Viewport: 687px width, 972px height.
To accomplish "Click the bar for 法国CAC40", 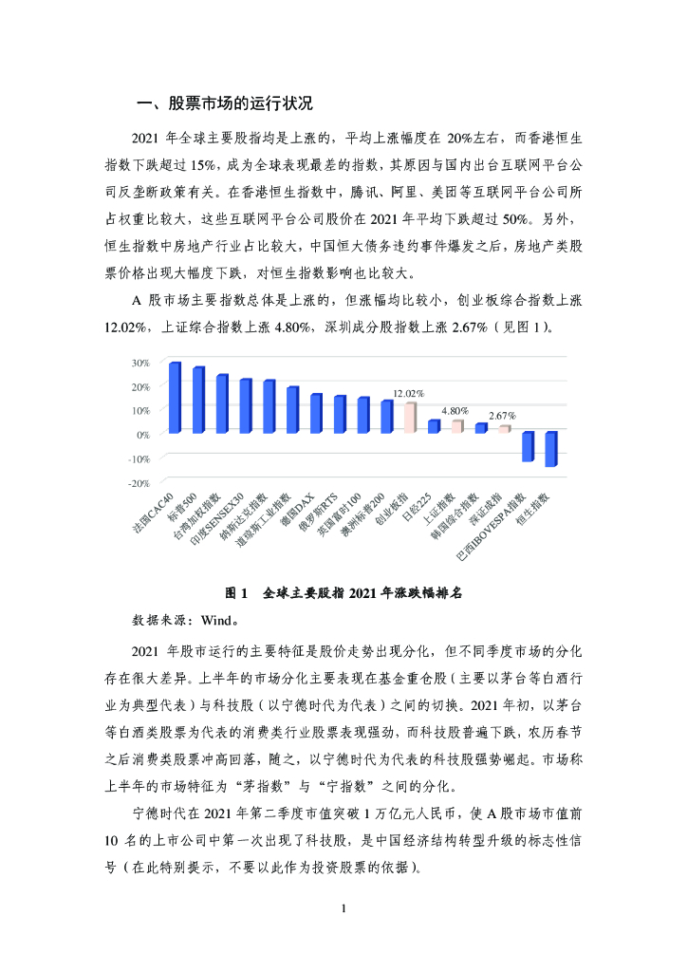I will [174, 398].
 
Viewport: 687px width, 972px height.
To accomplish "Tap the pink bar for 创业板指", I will [410, 418].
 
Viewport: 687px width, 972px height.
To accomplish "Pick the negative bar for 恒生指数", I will [550, 449].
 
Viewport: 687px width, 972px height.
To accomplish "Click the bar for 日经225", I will [434, 426].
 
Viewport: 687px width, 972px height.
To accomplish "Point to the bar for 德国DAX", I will [316, 414].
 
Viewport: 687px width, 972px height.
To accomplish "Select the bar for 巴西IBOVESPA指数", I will [528, 447].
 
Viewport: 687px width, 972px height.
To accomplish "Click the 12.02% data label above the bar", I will [409, 393].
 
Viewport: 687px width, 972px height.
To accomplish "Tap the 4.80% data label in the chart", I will [455, 410].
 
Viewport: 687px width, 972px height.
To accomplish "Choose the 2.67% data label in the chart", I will [502, 416].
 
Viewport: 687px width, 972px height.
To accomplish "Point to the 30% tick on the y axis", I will [140, 363].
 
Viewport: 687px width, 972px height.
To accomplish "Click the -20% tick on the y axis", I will [139, 482].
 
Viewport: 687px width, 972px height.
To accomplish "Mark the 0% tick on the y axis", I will [142, 434].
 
